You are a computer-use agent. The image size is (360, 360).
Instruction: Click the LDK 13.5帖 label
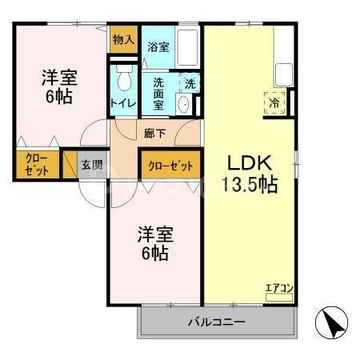click(x=249, y=172)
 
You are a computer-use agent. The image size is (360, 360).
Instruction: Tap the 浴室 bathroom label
click(x=158, y=47)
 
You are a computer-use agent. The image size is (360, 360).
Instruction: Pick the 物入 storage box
click(x=123, y=39)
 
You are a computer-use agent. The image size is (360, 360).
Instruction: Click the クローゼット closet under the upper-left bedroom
click(x=36, y=164)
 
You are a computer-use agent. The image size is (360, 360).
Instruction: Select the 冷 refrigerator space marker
click(x=274, y=102)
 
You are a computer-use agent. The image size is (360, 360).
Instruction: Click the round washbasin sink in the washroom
click(x=183, y=105)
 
